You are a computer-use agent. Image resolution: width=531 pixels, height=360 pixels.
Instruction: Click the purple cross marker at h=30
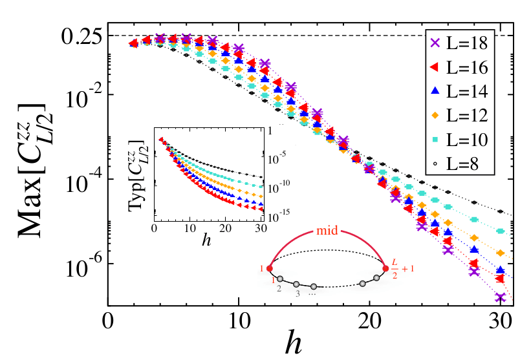pyautogui.click(x=499, y=298)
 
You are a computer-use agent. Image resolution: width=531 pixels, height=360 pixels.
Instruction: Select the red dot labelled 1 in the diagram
pyautogui.click(x=270, y=268)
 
